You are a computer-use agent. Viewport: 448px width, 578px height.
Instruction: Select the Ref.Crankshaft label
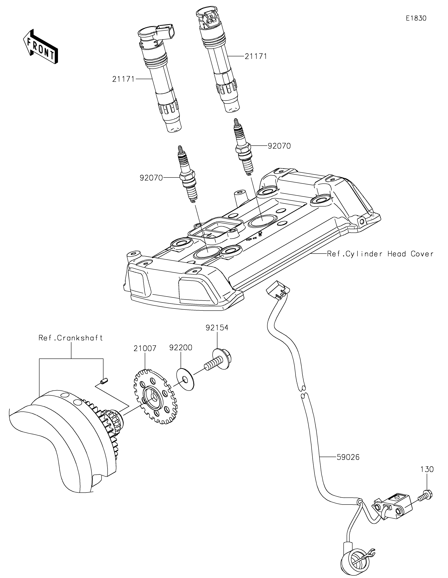tap(71, 338)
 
